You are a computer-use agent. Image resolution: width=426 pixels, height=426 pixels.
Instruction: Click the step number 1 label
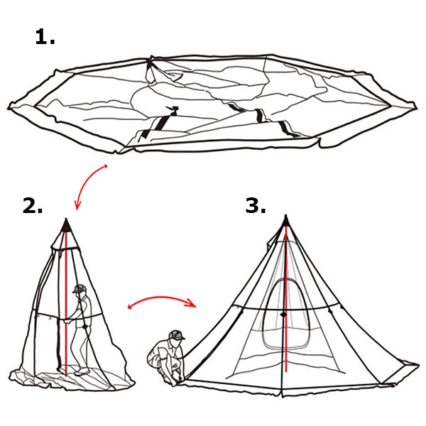45,37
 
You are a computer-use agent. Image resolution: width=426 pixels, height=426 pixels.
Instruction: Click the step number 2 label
33,206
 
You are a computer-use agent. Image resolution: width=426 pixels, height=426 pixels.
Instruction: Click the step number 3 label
256,206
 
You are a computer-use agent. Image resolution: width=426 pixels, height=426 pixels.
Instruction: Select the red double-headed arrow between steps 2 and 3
162,304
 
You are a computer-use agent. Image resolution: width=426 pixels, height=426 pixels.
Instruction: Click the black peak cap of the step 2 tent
65,225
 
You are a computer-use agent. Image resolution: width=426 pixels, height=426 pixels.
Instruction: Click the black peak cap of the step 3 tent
285,221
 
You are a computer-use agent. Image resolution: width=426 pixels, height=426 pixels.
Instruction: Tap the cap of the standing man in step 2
79,289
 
